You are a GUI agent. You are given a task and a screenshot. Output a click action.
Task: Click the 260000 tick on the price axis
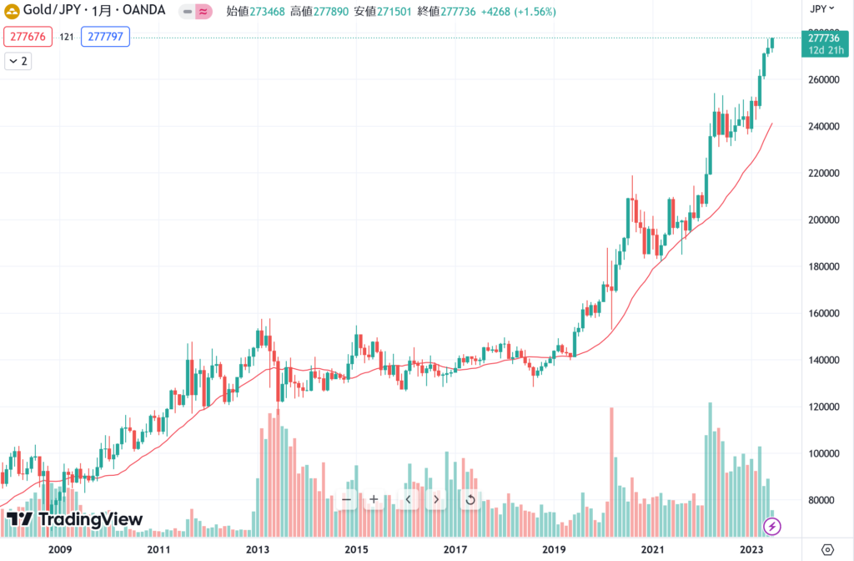[x=821, y=80]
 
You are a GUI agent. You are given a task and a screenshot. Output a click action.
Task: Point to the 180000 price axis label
[x=821, y=266]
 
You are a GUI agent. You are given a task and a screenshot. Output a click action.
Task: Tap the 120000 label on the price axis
[x=821, y=407]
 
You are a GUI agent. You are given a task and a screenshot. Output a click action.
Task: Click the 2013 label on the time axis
[x=258, y=549]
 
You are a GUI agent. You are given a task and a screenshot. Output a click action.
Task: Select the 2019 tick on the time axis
[x=554, y=549]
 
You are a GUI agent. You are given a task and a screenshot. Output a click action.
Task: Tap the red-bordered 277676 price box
[x=29, y=37]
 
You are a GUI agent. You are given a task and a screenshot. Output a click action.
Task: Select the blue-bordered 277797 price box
[x=105, y=37]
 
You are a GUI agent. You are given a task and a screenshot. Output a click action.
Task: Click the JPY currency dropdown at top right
[x=822, y=9]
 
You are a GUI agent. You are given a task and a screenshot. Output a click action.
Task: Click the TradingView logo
[x=74, y=519]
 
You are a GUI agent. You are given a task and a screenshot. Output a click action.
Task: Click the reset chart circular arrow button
[x=470, y=499]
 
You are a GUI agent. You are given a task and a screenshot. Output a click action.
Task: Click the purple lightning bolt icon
[x=772, y=526]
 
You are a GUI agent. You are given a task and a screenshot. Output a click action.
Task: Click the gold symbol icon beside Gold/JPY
[x=13, y=12]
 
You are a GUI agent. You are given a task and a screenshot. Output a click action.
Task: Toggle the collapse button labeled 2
[x=18, y=61]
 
